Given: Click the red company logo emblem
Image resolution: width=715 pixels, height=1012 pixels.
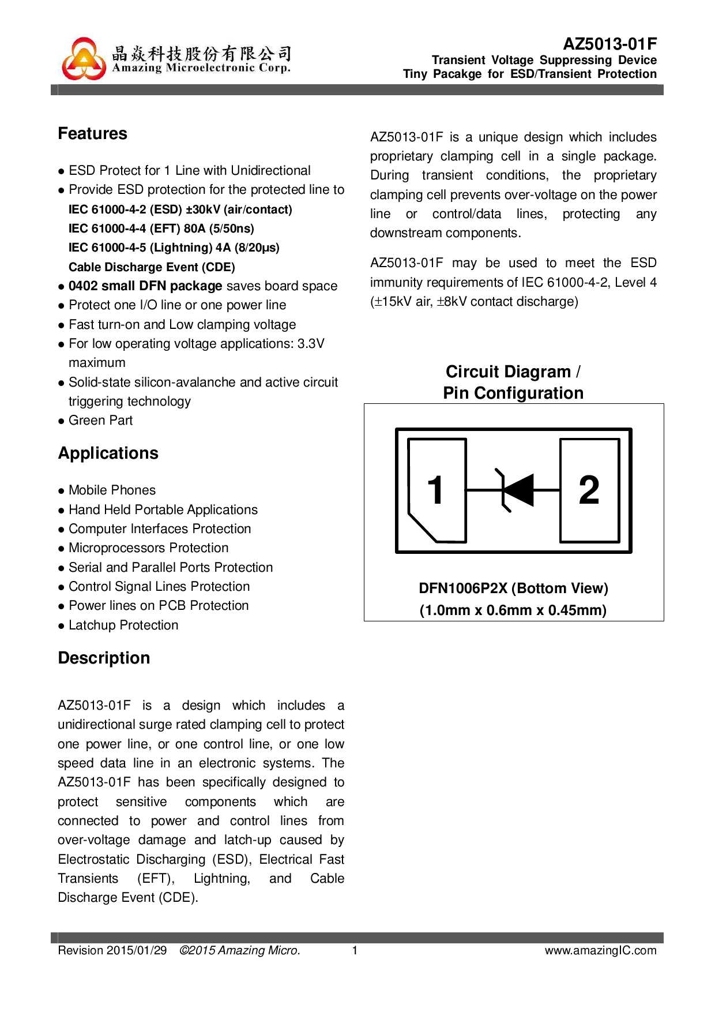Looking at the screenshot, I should click(x=84, y=59).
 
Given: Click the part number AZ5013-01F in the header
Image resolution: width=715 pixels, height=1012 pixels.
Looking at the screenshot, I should click(x=609, y=44).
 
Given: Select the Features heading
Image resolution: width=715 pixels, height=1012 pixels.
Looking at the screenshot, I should click(x=92, y=134).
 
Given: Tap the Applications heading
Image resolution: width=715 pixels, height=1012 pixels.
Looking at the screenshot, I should click(x=108, y=453).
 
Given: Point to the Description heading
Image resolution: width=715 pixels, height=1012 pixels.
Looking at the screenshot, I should click(x=104, y=658).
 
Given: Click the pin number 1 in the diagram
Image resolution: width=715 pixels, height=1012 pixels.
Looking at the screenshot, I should click(x=436, y=490).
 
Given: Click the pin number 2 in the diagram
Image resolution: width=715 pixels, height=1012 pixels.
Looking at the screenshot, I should click(x=589, y=490).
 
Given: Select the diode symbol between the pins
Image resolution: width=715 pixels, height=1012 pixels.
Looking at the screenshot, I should click(x=515, y=490).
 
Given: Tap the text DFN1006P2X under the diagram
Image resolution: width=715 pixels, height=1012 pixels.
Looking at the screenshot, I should click(x=462, y=589).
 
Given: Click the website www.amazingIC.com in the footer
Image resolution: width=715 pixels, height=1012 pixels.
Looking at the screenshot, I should click(x=600, y=950).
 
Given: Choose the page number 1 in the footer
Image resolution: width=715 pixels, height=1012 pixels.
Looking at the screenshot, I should click(x=355, y=950).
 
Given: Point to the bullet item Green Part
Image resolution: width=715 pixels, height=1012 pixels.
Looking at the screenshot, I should click(x=100, y=421).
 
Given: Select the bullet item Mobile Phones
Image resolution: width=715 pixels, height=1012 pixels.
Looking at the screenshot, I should click(x=112, y=490).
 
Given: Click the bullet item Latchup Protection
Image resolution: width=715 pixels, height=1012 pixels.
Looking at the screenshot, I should click(x=123, y=625).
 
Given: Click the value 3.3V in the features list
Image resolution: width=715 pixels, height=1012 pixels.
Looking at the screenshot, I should click(x=311, y=344).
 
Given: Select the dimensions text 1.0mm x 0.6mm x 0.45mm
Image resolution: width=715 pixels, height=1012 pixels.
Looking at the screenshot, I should click(x=513, y=610).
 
